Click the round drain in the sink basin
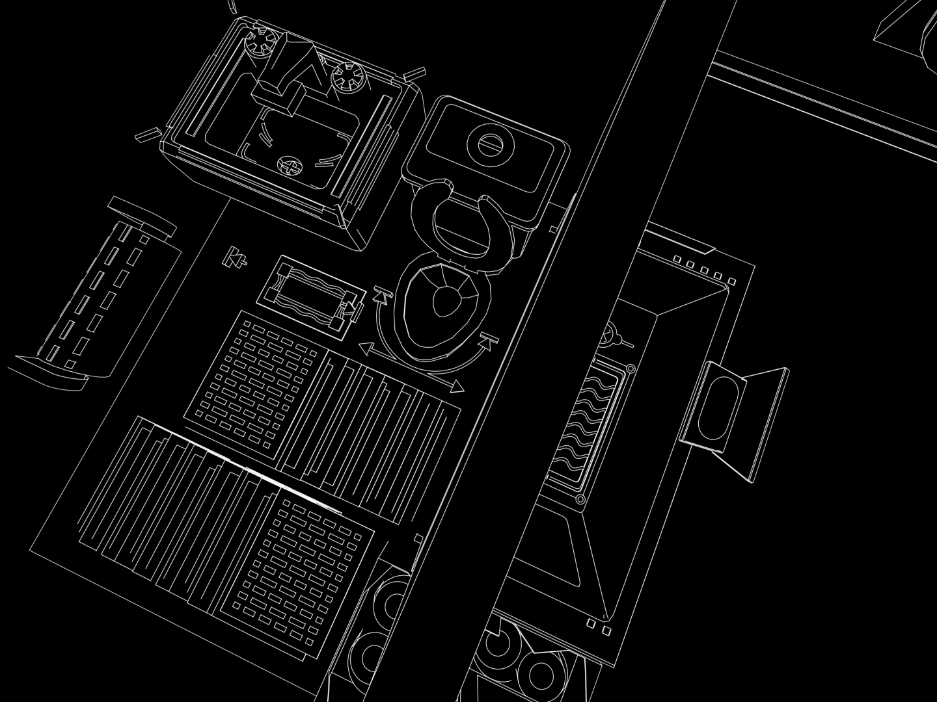pyautogui.click(x=290, y=167)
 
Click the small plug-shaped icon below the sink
pyautogui.click(x=236, y=257)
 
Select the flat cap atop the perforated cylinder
pyautogui.click(x=141, y=215)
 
